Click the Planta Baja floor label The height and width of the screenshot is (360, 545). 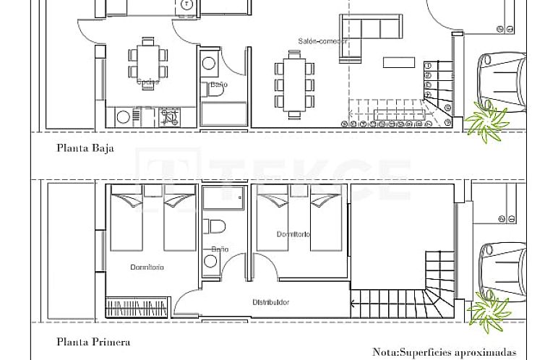[85, 149]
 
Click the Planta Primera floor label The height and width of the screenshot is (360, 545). [93, 342]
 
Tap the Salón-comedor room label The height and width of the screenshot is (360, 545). [322, 41]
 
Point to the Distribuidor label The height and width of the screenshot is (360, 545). [271, 302]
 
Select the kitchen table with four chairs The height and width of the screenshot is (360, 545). [147, 61]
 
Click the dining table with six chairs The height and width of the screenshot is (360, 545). [294, 84]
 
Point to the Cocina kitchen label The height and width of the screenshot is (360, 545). [147, 82]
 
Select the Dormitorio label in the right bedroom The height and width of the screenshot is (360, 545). [293, 234]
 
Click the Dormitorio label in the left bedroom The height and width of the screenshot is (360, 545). [147, 267]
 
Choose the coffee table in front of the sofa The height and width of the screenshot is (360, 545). [399, 62]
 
